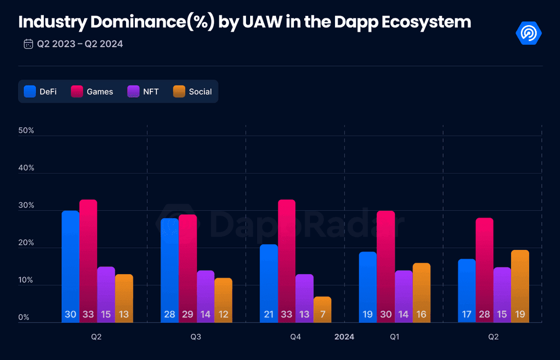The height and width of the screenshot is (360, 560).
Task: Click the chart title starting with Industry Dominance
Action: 244,22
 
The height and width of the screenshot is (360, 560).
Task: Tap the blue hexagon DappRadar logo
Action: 529,33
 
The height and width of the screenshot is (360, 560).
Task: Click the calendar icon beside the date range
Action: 28,44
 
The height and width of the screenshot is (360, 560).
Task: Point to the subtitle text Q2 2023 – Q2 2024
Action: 80,44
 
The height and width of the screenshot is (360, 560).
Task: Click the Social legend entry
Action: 192,92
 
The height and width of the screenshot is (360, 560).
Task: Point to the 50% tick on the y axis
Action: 26,131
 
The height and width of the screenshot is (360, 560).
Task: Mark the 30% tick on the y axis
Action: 26,206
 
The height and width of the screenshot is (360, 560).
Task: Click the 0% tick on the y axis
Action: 24,318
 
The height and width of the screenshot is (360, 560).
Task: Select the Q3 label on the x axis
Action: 196,337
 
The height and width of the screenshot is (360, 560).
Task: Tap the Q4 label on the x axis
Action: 295,337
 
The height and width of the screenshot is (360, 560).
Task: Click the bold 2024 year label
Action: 344,337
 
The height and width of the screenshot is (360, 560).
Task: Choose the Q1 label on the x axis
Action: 394,337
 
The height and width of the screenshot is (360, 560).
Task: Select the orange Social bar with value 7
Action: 322,310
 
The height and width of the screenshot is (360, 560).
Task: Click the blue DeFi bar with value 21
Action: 269,283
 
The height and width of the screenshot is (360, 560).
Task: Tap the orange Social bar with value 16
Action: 421,293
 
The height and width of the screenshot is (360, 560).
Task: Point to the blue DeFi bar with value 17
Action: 467,291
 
